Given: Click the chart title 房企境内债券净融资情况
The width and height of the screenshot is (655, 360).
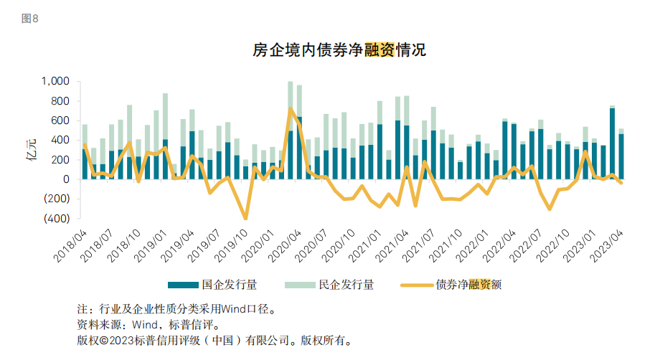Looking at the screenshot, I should tap(339, 50).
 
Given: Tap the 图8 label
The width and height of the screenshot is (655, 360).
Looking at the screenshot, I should tap(30, 19).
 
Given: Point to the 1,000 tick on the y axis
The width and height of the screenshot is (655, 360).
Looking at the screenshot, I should tap(55, 82).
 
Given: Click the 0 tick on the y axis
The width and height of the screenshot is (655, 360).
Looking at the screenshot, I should tap(65, 179).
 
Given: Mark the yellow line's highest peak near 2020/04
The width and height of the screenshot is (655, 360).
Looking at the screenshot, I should tap(290, 108).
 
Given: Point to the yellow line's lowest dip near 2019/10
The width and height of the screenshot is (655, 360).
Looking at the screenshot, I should tap(245, 218).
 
